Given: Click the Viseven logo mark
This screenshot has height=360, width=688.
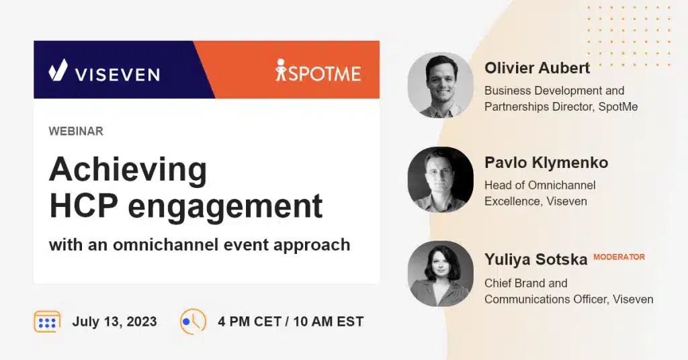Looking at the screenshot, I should click(x=58, y=70).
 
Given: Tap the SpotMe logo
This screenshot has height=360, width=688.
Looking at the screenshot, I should click(x=318, y=70).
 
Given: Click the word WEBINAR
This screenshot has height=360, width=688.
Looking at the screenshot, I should click(x=76, y=132).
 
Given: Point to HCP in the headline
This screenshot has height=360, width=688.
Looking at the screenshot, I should click(x=84, y=206).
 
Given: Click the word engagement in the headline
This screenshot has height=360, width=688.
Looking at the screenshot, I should click(x=225, y=207).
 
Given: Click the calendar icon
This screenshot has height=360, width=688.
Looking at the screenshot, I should click(x=47, y=322).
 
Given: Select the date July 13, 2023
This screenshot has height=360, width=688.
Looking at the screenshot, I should click(x=114, y=322).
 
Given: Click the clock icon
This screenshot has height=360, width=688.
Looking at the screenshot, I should click(x=193, y=322).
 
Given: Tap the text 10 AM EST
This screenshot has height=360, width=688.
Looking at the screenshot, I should click(x=329, y=322).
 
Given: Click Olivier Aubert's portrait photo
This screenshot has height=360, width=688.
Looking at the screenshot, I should click(x=440, y=85).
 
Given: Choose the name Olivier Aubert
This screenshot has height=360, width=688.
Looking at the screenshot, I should click(x=537, y=68).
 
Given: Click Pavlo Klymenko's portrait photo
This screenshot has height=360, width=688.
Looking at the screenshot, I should click(x=440, y=179).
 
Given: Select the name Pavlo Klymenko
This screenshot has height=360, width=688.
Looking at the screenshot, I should click(x=546, y=163).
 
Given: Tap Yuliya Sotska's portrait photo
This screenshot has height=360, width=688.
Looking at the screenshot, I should click(x=440, y=273).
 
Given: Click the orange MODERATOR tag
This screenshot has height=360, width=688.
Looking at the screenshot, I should click(x=619, y=257).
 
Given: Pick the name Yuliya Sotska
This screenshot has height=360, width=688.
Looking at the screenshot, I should click(x=535, y=259).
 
